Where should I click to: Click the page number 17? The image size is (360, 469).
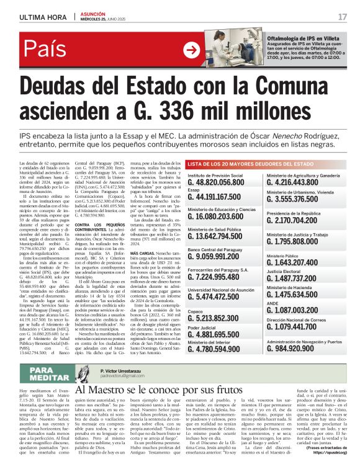tap(343, 16)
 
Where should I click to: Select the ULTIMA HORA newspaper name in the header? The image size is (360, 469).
tap(38, 16)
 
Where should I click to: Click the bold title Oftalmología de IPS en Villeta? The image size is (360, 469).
tap(297, 38)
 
